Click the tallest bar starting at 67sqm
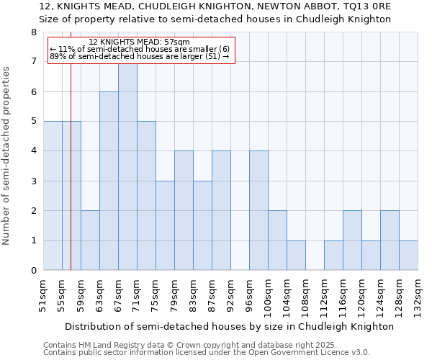127,166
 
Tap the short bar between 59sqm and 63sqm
90,240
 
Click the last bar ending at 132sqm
408,256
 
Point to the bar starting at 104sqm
296,256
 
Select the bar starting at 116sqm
352,240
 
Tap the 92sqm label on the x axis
231,292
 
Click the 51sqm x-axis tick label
44,292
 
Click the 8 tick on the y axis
33,32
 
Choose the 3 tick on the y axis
33,181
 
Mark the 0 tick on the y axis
33,271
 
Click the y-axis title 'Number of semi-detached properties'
7,156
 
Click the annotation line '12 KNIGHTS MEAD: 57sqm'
140,42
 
